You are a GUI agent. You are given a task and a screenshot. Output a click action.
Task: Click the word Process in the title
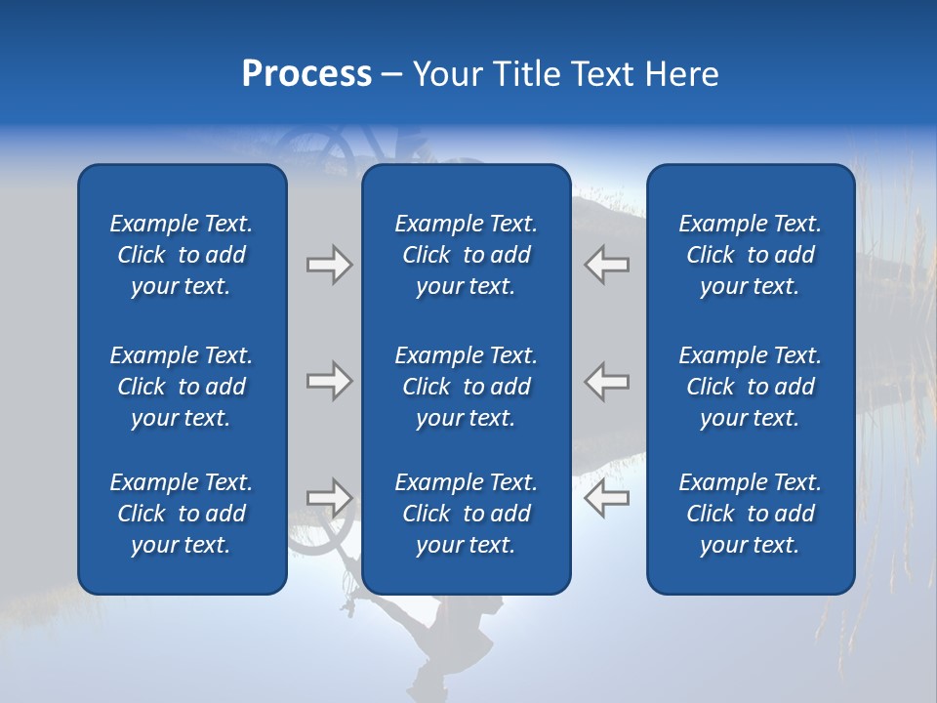(x=306, y=74)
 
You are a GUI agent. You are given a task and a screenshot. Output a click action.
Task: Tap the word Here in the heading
(x=680, y=74)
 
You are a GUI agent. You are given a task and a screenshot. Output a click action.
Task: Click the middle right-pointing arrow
(x=330, y=381)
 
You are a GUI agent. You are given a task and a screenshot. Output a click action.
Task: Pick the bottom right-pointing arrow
(x=330, y=497)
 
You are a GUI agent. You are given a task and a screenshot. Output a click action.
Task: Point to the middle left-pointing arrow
(x=607, y=381)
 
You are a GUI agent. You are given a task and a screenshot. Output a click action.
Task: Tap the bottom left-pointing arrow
(x=607, y=497)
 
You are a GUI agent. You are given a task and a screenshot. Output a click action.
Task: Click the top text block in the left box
(x=182, y=255)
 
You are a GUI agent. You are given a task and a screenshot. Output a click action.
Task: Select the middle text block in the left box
(x=182, y=387)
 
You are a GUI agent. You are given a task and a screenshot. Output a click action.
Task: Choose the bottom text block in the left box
(x=182, y=514)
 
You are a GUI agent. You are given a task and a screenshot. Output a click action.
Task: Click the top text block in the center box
(x=466, y=255)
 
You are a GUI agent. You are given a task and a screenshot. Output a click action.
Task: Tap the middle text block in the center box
(x=466, y=387)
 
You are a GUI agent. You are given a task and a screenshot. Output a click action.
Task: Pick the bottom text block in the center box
(x=466, y=514)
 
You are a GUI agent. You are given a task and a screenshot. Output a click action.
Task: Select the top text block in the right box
(x=751, y=255)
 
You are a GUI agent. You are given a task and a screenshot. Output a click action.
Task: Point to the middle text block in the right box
(x=751, y=387)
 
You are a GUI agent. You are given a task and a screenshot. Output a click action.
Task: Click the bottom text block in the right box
(x=751, y=514)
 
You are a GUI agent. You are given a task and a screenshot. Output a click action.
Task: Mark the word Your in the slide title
(x=448, y=74)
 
